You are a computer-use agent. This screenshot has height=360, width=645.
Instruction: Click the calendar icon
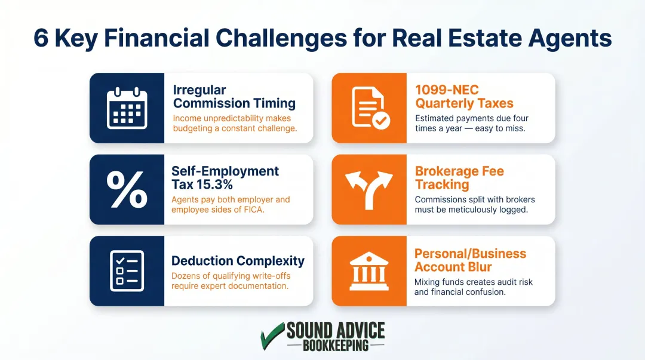coord(127,108)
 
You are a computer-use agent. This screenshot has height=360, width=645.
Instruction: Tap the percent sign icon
coord(127,189)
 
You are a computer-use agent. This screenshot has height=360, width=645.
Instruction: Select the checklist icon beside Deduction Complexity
coord(127,270)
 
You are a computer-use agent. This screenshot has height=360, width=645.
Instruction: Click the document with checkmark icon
coord(369,108)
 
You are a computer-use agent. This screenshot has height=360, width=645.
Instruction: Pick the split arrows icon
coord(369,189)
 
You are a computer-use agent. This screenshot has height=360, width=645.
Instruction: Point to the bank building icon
coord(369,270)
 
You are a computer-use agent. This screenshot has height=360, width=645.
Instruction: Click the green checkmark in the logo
coord(272,336)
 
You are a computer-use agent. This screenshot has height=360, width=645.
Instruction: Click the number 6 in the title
coord(41,38)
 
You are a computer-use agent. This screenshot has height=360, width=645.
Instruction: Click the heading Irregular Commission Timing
coord(234,97)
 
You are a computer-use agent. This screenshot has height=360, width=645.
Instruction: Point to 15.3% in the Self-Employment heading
coord(213,184)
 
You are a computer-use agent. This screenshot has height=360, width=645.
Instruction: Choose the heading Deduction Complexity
coord(238,261)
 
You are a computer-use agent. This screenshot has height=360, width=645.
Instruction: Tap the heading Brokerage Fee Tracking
coord(459,178)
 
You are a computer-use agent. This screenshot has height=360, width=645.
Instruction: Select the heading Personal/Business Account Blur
coord(470,260)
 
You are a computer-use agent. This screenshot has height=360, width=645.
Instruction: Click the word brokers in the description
coord(520,199)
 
